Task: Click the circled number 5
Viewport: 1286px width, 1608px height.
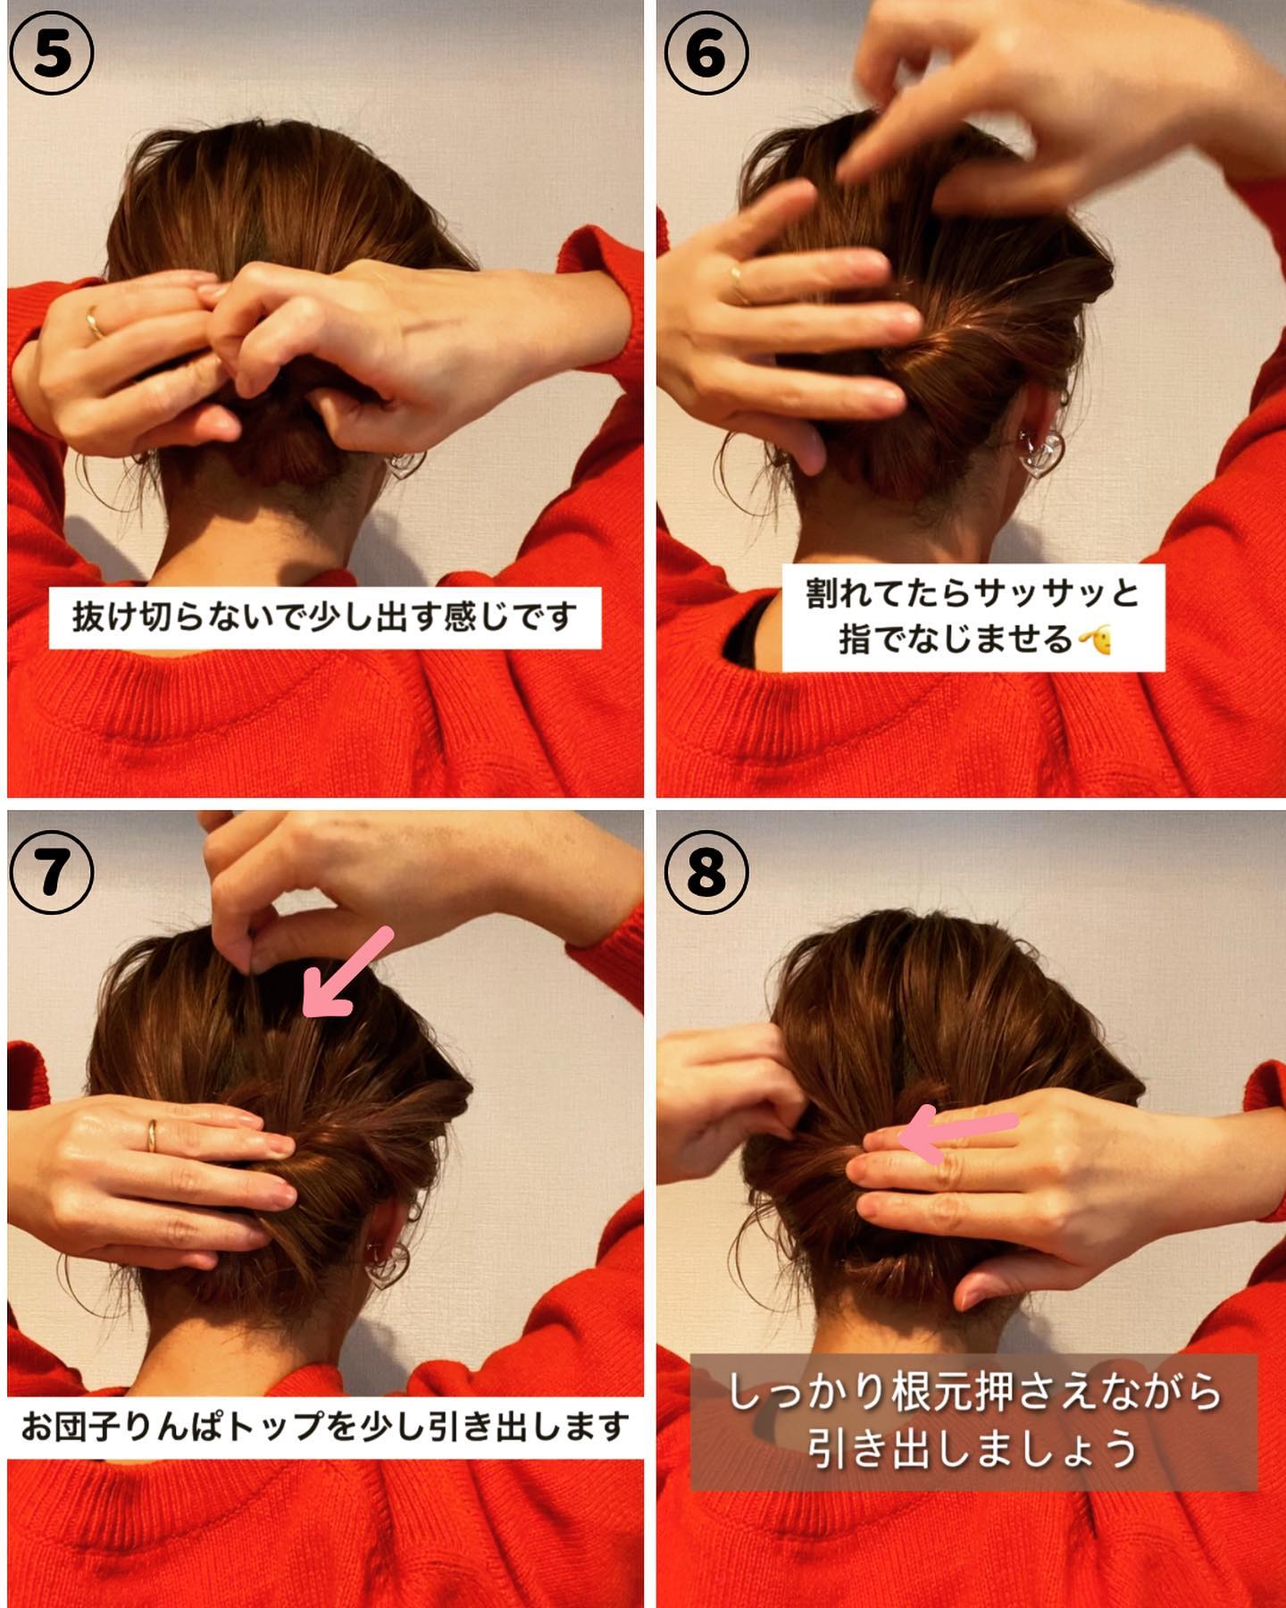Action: click(52, 54)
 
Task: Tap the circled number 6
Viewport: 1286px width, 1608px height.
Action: click(706, 54)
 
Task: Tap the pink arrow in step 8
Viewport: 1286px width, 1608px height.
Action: click(957, 1134)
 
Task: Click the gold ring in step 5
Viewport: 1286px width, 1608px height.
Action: click(94, 322)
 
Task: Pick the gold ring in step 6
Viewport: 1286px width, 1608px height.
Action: click(739, 284)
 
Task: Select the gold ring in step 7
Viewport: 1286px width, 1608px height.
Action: click(152, 1135)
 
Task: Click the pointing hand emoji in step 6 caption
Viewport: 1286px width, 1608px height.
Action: click(1095, 640)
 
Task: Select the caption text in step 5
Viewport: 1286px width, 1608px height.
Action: click(325, 617)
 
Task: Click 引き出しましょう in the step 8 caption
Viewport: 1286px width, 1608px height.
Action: click(973, 1448)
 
